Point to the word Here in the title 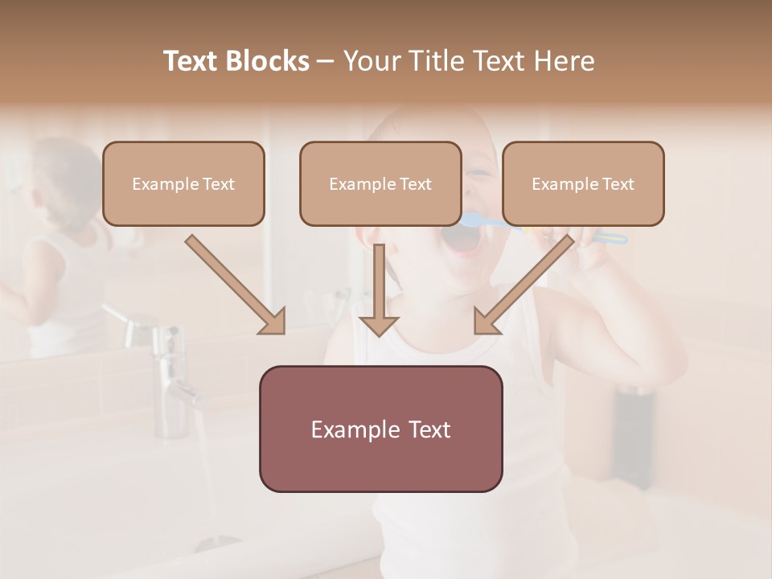pyautogui.click(x=567, y=61)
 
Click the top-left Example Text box pyautogui.click(x=183, y=183)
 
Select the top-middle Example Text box pyautogui.click(x=380, y=183)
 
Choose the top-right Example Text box pyautogui.click(x=583, y=183)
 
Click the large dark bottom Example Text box pyautogui.click(x=380, y=429)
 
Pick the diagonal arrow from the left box pyautogui.click(x=237, y=285)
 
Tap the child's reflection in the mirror pyautogui.click(x=56, y=241)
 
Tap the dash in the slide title pyautogui.click(x=326, y=61)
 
